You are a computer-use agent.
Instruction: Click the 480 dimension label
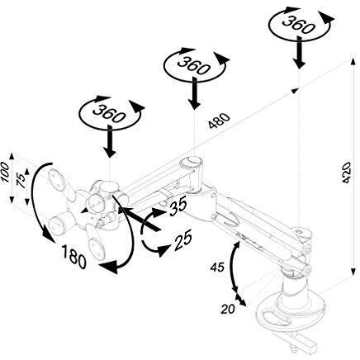[219, 121]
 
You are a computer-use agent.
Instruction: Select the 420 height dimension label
[346, 173]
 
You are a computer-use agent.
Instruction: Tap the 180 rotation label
[73, 257]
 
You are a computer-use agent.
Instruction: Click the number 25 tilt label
[182, 241]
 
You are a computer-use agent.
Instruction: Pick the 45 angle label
[217, 267]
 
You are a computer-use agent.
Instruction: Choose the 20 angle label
[228, 309]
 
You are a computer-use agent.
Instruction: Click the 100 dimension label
[5, 172]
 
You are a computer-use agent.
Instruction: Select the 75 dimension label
[21, 181]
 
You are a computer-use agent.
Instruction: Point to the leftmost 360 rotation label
[109, 113]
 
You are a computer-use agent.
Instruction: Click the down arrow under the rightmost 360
[299, 52]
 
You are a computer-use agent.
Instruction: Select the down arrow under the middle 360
[195, 93]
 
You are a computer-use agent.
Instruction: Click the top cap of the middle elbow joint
[192, 161]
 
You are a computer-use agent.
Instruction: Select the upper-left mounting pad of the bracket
[57, 178]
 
